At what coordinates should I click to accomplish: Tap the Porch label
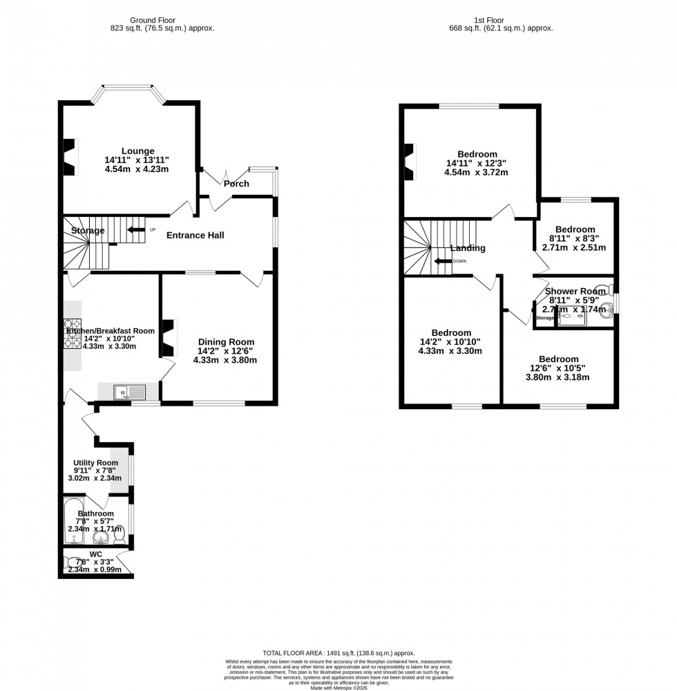click(x=236, y=184)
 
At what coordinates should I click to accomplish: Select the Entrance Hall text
click(x=196, y=236)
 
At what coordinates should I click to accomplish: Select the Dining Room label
click(x=226, y=342)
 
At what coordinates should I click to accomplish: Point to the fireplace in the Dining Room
click(x=168, y=338)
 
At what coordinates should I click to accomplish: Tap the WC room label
click(x=95, y=554)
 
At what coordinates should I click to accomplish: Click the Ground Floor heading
click(x=162, y=20)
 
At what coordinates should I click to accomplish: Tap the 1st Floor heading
click(x=501, y=20)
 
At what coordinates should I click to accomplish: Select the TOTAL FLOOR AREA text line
click(x=338, y=652)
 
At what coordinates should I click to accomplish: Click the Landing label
click(x=468, y=248)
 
